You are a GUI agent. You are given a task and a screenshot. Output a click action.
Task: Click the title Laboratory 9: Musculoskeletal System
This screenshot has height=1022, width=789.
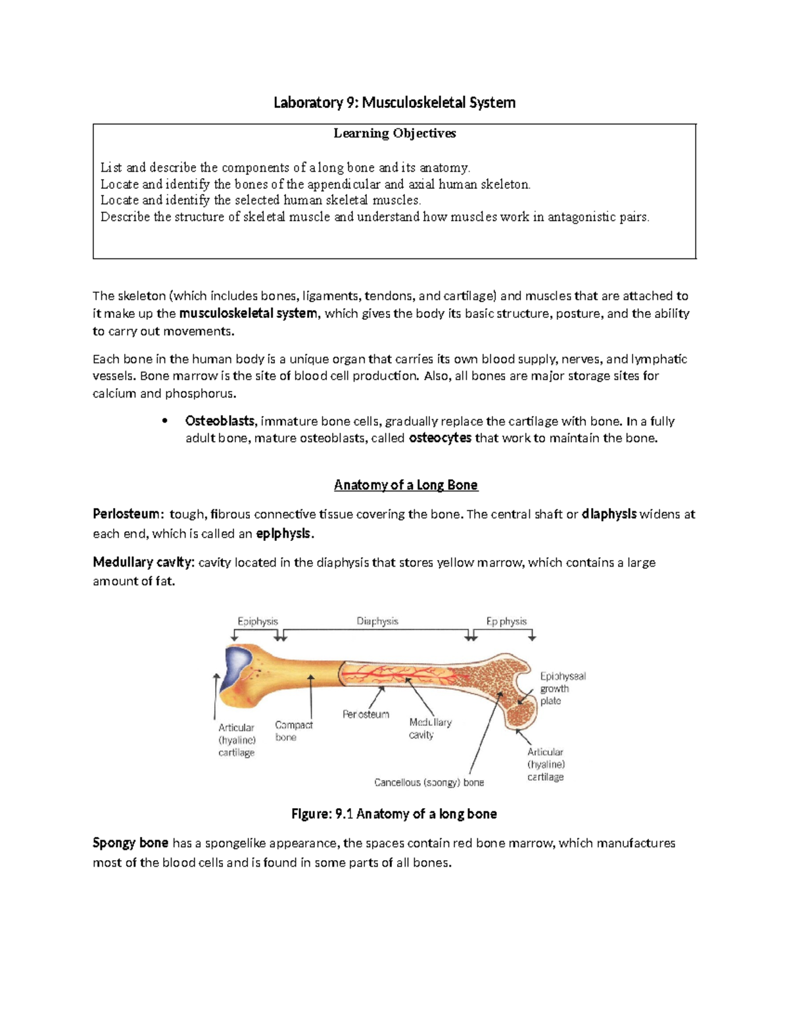[394, 103]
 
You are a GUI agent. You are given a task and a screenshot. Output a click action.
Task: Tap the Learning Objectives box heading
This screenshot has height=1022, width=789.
[394, 134]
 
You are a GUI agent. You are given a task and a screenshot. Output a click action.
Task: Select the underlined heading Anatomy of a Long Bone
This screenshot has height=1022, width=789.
[406, 485]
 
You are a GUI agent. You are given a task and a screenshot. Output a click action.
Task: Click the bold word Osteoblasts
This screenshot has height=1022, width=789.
[220, 421]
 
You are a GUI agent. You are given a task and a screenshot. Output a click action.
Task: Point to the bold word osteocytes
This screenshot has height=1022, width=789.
[440, 438]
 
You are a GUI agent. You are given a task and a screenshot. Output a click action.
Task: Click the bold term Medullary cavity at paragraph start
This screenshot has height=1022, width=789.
[143, 563]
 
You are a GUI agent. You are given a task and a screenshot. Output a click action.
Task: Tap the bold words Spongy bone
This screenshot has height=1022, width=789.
[130, 843]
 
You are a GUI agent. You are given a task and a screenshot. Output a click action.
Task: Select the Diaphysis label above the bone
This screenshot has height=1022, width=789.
[377, 621]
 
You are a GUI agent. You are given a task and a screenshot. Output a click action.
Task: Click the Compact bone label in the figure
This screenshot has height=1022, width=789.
[293, 731]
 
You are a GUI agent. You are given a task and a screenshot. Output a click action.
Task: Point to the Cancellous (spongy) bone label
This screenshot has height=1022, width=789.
[429, 782]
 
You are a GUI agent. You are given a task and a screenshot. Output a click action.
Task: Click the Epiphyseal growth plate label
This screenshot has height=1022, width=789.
[562, 688]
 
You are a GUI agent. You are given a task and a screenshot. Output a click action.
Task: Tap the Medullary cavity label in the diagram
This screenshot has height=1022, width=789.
[430, 728]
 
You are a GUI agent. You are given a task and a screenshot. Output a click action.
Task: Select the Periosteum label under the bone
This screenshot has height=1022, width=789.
[366, 714]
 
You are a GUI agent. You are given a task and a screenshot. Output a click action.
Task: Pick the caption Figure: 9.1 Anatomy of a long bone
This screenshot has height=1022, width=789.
[394, 814]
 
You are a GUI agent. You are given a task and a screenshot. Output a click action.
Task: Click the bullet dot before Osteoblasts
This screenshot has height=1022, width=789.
[165, 421]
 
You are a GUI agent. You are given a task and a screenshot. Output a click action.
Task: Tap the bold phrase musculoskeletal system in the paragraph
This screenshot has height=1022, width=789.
[248, 314]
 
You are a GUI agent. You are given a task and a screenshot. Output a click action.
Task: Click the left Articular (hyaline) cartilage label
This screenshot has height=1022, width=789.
[237, 740]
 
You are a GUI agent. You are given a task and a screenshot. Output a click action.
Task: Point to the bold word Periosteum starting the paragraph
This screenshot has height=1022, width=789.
[126, 514]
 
